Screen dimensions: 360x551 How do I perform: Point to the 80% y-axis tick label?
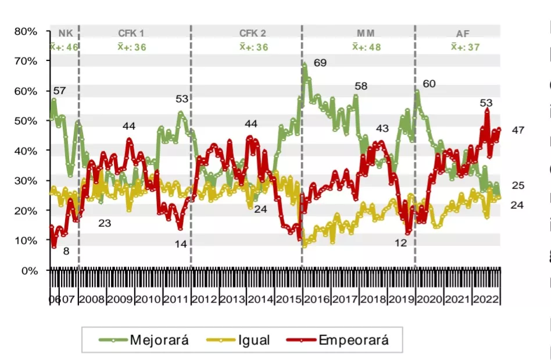tap(26, 31)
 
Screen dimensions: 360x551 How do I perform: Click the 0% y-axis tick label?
tap(28, 270)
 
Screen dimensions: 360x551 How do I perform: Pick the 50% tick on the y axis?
tap(26, 121)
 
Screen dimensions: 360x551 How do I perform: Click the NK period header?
tap(65, 34)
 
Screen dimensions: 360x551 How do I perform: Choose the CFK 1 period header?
tap(132, 34)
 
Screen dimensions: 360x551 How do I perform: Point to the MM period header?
tap(366, 34)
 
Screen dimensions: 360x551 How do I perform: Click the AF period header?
tap(463, 34)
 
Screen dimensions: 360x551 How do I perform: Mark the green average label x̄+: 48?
tap(366, 47)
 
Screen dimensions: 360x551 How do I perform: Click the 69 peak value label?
tap(320, 62)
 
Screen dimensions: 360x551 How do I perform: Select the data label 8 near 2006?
tap(66, 251)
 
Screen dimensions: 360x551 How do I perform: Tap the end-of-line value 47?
tap(518, 130)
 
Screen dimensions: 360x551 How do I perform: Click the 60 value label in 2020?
tap(429, 84)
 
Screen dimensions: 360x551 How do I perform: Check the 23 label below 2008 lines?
tap(105, 222)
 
